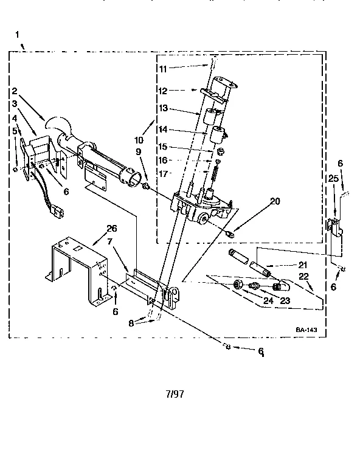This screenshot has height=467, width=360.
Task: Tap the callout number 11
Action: [162, 69]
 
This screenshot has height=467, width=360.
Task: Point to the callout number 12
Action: [162, 91]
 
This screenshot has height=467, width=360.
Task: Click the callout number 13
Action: [162, 108]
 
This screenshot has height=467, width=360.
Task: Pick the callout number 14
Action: [162, 129]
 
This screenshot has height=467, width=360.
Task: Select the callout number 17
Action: [162, 173]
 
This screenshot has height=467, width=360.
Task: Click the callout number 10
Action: [139, 131]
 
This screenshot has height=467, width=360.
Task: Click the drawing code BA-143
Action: [306, 330]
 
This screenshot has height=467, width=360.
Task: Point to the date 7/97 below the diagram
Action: [174, 393]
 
